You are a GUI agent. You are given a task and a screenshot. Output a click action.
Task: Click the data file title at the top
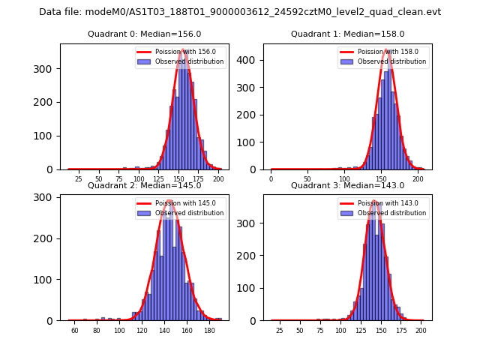(240, 12)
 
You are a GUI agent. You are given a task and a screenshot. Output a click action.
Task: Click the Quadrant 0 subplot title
(144, 34)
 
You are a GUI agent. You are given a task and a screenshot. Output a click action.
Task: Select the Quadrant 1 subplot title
(347, 34)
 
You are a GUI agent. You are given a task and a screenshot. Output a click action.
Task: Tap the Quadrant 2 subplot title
(144, 185)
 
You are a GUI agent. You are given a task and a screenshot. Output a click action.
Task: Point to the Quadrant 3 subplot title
(347, 185)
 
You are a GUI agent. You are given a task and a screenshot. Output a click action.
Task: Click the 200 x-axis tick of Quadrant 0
(218, 179)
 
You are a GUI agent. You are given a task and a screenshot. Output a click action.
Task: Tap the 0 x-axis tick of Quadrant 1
(271, 179)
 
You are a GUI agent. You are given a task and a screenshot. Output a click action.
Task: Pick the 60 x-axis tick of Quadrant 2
(75, 331)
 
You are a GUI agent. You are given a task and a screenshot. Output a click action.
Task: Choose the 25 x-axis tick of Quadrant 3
(279, 331)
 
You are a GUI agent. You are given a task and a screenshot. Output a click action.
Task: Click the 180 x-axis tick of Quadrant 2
(208, 331)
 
